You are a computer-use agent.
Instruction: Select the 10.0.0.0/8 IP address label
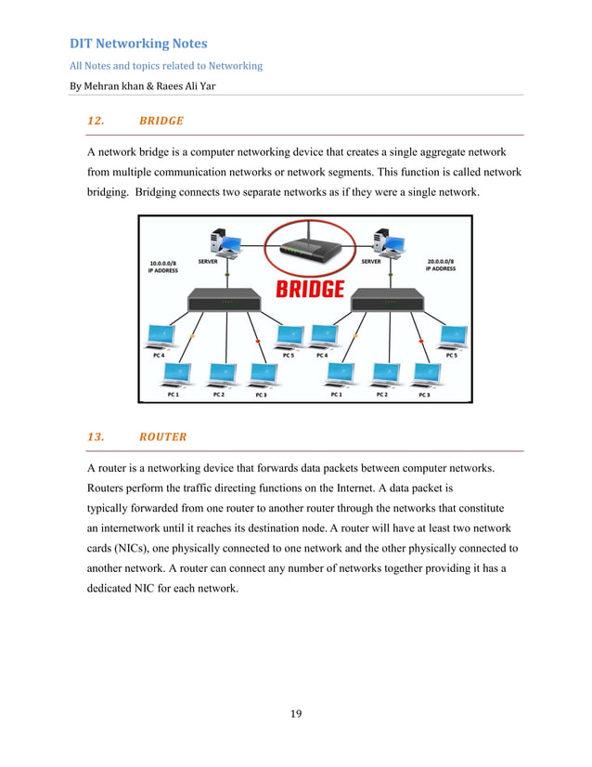[x=163, y=266]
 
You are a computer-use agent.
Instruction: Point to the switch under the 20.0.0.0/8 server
[x=387, y=299]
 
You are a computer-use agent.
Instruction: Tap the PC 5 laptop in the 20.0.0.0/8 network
[x=452, y=336]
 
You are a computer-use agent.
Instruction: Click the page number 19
[x=296, y=714]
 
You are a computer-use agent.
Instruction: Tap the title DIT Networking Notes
[x=139, y=44]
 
